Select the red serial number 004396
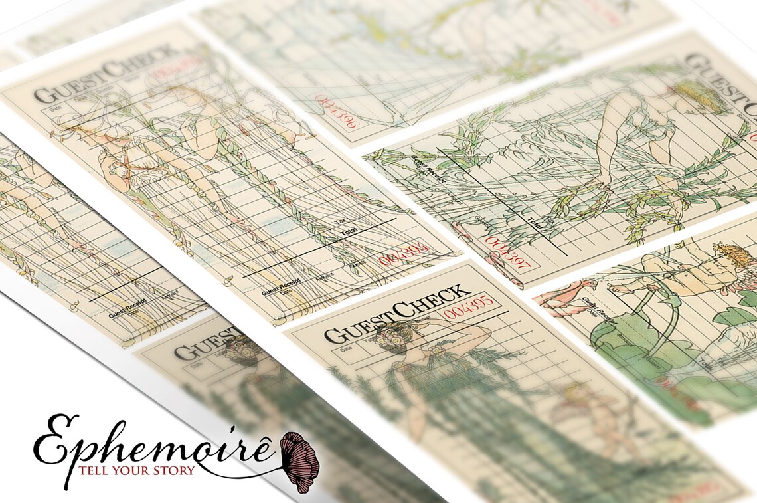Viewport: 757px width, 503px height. pos(336,112)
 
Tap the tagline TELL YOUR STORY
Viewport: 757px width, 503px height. pos(137,471)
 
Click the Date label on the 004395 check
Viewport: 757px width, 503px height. pos(346,349)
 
